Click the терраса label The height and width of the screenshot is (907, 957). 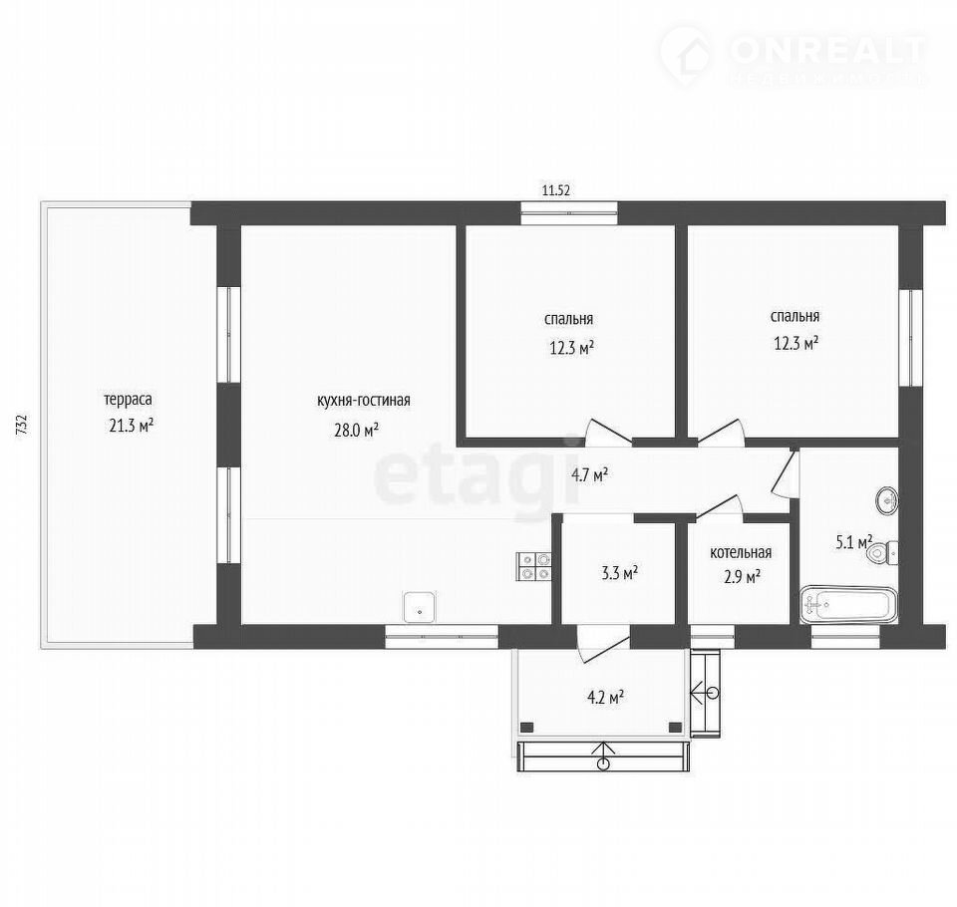pos(128,400)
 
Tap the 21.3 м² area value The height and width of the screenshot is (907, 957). pos(131,426)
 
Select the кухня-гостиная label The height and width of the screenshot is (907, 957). pos(364,401)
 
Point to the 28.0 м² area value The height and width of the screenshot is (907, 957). pos(357,431)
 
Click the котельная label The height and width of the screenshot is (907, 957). pos(741,552)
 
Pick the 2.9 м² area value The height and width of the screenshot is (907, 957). pos(742,576)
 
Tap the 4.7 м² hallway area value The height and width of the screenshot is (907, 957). pos(589,474)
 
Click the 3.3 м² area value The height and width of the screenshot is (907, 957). pos(620,572)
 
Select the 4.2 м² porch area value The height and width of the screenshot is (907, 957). pos(605,697)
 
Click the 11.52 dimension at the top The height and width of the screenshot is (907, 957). pos(556,190)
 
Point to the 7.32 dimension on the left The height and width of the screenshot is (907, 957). pos(22,425)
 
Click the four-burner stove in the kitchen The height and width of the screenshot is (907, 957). pos(534,566)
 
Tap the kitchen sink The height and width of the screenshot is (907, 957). pos(420,607)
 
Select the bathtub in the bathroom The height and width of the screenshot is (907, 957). pos(849,605)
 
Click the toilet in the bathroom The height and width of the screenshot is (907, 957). pos(882,553)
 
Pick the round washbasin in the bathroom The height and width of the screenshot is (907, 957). pos(887,500)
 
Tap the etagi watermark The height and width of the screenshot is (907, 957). pos(478,476)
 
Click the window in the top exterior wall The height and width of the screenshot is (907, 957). pos(569,213)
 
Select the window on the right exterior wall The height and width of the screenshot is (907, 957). pos(911,338)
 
